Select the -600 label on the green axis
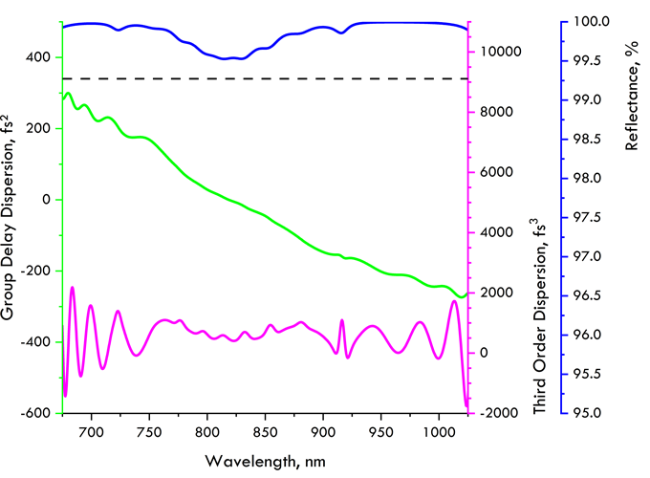pos(34,413)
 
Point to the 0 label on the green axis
pos(48,200)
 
